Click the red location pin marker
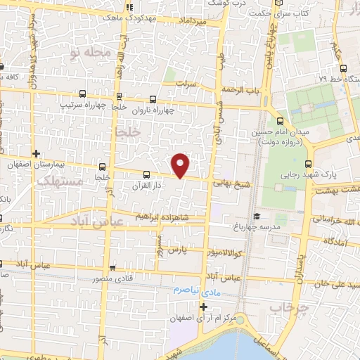coord(181,165)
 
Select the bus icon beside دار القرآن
coord(146,174)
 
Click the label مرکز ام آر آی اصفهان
coord(203,318)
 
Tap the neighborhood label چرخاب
coord(285,307)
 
